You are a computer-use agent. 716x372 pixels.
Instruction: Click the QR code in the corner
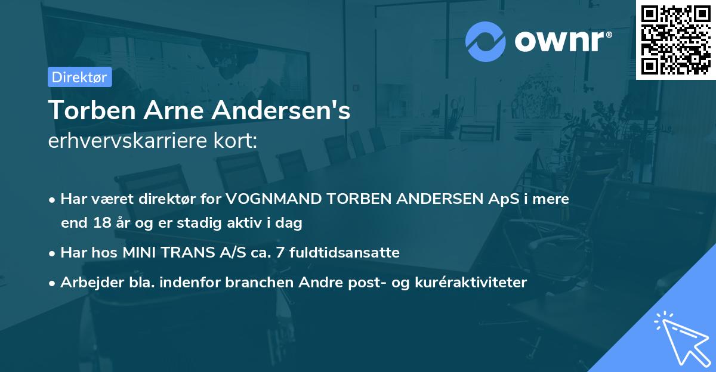click(x=675, y=39)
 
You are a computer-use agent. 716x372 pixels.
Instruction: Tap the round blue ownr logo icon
click(x=486, y=41)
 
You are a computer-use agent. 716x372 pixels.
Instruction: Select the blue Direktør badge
click(x=79, y=77)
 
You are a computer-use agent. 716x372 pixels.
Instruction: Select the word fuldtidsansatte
click(x=340, y=253)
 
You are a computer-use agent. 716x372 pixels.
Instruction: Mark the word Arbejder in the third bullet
click(x=89, y=282)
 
